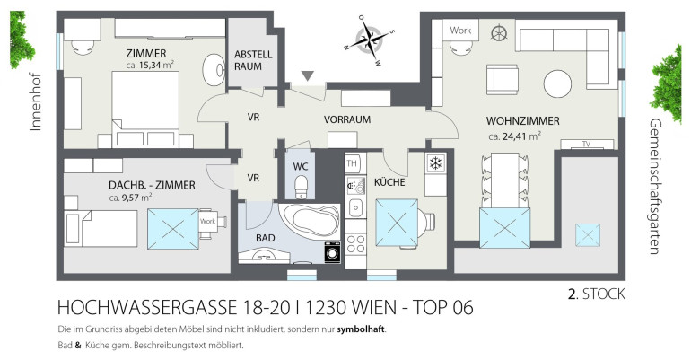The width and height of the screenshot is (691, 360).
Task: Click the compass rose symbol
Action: (x=370, y=40)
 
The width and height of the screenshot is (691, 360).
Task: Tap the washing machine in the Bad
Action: (x=332, y=252)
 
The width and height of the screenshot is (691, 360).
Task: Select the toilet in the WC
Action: (x=302, y=186)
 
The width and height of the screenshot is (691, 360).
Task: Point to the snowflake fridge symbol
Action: (x=435, y=164)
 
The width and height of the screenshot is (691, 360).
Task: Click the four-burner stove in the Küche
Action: (x=355, y=243)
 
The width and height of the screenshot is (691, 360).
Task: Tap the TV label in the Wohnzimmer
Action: (x=586, y=144)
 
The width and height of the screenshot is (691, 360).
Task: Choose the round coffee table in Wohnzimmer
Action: (x=557, y=83)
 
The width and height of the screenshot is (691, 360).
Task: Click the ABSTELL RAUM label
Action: (x=253, y=60)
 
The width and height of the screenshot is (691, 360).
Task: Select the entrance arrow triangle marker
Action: (x=308, y=76)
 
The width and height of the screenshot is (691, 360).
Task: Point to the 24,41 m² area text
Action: (x=515, y=136)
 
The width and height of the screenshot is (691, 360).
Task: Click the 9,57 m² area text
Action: (x=130, y=197)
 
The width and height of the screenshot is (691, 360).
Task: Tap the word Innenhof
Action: (x=35, y=102)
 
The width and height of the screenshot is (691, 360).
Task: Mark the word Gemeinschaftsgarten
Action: (x=655, y=187)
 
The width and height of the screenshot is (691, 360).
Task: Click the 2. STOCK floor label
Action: (x=596, y=294)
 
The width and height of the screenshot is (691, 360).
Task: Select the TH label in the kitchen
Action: (x=352, y=163)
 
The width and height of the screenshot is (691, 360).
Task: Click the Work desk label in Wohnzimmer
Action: (x=460, y=31)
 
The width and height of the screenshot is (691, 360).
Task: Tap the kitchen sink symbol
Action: (x=355, y=207)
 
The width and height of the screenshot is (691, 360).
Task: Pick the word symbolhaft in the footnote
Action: (x=361, y=329)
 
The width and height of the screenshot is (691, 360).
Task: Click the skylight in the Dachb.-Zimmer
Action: (x=172, y=229)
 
